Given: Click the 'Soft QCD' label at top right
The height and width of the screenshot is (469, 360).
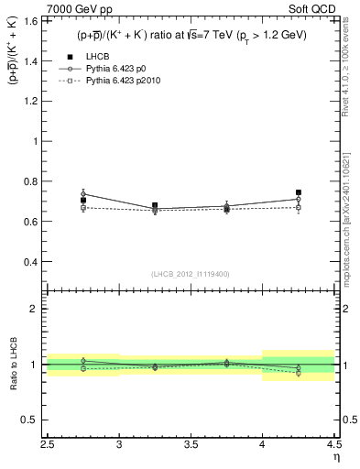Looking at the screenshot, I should coord(315,8).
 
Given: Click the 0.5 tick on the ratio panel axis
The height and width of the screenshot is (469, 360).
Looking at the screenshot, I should coord(33,420).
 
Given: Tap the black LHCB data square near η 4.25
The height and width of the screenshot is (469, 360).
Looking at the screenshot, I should coord(299,192).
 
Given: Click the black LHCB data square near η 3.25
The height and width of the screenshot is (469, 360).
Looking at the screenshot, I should coord(155,206).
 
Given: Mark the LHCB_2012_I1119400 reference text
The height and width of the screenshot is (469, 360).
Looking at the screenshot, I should coord(191,274).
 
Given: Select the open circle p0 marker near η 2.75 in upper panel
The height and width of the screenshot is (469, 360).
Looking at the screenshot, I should coord(83,193).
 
